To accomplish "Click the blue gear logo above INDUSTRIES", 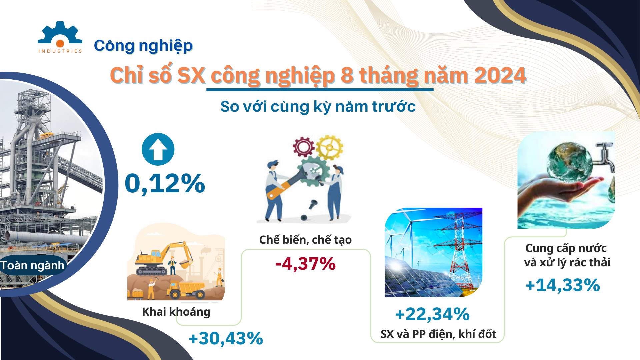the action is (x=60, y=33).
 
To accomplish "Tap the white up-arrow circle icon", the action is (x=158, y=149).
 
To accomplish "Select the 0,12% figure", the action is (x=165, y=183).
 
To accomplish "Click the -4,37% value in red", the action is (x=305, y=264).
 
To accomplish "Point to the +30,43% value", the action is (x=226, y=338).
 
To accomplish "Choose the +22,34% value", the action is (x=432, y=314).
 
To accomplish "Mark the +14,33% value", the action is (x=563, y=285).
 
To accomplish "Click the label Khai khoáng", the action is (x=176, y=312).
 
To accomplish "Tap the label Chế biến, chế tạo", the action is (x=305, y=240).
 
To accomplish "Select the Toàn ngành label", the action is (x=32, y=266).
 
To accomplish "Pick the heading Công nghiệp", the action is (x=143, y=46).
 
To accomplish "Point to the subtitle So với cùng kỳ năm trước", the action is (x=318, y=107).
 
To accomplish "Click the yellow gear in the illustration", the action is (x=329, y=147).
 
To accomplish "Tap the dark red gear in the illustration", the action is (x=303, y=147).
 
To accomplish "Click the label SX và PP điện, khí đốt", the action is (x=438, y=334).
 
